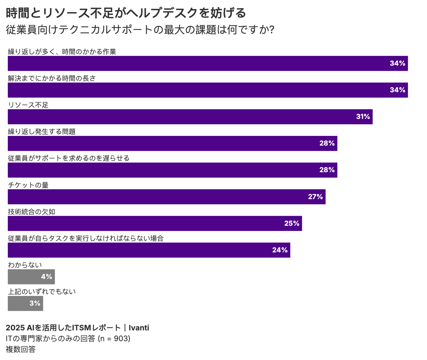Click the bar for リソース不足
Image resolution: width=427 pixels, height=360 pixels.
(190, 117)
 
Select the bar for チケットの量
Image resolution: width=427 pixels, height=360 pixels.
(166, 197)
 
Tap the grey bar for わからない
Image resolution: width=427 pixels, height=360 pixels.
(31, 277)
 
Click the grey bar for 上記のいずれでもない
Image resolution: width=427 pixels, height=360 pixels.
(25, 303)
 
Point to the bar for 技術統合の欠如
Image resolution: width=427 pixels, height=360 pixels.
(155, 223)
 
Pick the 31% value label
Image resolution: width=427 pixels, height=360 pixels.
(363, 117)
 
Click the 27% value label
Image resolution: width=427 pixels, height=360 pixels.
(315, 197)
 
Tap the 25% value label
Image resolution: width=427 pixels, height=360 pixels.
(291, 223)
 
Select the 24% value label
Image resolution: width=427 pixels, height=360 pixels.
(280, 250)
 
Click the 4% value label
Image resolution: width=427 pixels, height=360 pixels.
(47, 277)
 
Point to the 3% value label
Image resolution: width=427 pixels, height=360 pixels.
(35, 303)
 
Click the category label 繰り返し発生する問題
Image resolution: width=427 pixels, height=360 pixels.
(42, 132)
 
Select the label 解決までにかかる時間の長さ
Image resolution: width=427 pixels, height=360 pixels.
(52, 78)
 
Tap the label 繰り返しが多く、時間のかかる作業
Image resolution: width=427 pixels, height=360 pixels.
(62, 52)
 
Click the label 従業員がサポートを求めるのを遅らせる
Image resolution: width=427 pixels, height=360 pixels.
(69, 158)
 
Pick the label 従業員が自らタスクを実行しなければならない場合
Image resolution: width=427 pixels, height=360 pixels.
(86, 238)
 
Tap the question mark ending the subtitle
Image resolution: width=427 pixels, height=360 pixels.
(272, 30)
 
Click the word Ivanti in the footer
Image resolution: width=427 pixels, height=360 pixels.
(139, 328)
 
